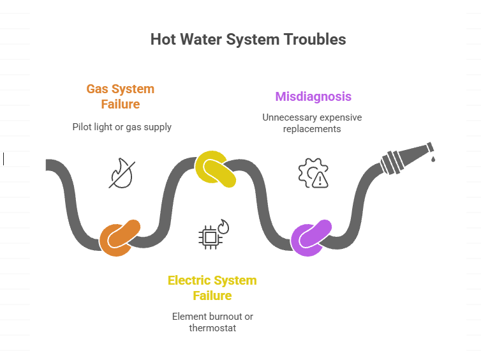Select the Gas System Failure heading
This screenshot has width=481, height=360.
click(120, 96)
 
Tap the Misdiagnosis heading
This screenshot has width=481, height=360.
click(313, 97)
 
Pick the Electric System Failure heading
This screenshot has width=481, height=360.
click(212, 288)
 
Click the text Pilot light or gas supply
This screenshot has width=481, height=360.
click(122, 127)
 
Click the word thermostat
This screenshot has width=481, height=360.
click(212, 328)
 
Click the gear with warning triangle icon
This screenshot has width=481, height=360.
click(313, 173)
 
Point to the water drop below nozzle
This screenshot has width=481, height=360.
click(433, 159)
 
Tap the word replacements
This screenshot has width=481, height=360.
click(312, 129)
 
